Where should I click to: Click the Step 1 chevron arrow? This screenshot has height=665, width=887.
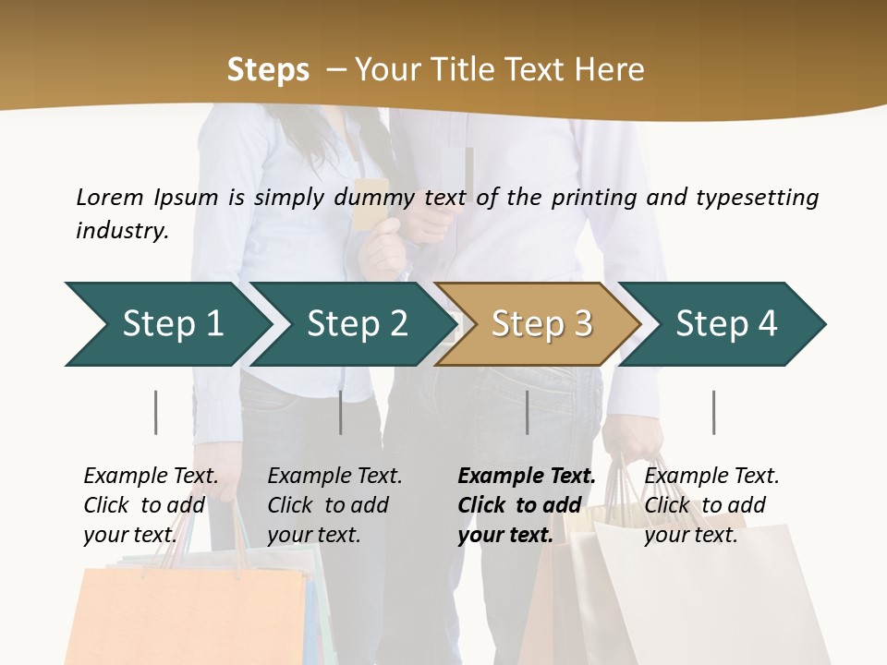pos(172,324)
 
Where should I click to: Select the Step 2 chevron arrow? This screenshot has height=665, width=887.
pos(357,324)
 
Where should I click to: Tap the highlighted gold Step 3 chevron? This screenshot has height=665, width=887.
pos(541,324)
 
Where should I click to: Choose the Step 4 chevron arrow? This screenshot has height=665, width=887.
pos(725,324)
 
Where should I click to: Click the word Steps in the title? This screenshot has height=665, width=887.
pos(268,69)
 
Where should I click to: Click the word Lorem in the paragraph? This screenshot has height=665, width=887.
pos(110,197)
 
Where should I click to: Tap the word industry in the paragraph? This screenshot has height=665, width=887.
pos(121,230)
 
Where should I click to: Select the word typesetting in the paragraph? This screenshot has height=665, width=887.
pos(757,197)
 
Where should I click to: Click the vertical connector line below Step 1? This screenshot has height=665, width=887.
pos(155,412)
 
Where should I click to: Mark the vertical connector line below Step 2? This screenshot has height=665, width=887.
pos(341,412)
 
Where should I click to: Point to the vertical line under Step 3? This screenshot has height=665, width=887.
pos(527,412)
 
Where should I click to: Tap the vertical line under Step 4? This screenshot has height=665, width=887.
pos(713,412)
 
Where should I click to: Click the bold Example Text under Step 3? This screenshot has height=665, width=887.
pos(527,477)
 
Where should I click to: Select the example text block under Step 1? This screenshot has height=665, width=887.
pos(151,505)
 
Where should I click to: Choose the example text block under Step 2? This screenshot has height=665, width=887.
pos(334,505)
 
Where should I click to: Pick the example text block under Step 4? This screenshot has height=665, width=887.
pos(711,505)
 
